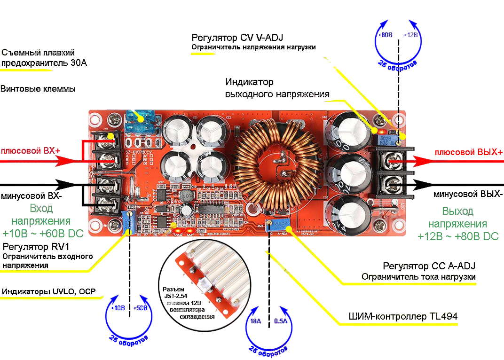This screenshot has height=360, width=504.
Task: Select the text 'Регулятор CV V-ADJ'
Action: pyautogui.click(x=237, y=38)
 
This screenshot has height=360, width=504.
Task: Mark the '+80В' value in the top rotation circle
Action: pyautogui.click(x=386, y=35)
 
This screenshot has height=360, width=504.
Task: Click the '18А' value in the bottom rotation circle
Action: pyautogui.click(x=255, y=322)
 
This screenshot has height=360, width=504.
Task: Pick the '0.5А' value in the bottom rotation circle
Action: pyautogui.click(x=281, y=322)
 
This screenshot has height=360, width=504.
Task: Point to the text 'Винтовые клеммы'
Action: pyautogui.click(x=38, y=89)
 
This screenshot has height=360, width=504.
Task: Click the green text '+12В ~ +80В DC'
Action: pyautogui.click(x=458, y=236)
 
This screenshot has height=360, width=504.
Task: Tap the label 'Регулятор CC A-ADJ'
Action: pyautogui.click(x=429, y=266)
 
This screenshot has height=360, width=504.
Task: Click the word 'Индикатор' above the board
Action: pyautogui.click(x=249, y=82)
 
